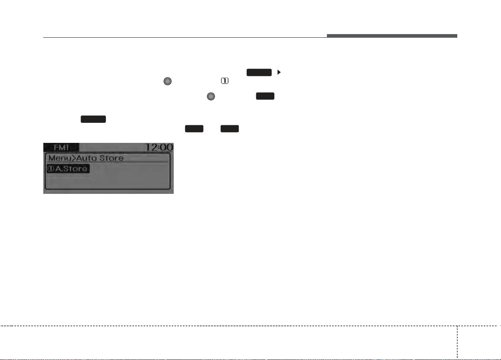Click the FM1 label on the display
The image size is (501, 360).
(61, 147)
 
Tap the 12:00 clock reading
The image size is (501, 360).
(159, 147)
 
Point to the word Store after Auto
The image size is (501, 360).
(112, 158)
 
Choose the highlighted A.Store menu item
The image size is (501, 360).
(68, 169)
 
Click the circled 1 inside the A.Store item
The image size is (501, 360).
(51, 169)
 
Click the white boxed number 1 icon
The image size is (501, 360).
(225, 81)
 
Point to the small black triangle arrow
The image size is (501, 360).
(279, 72)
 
